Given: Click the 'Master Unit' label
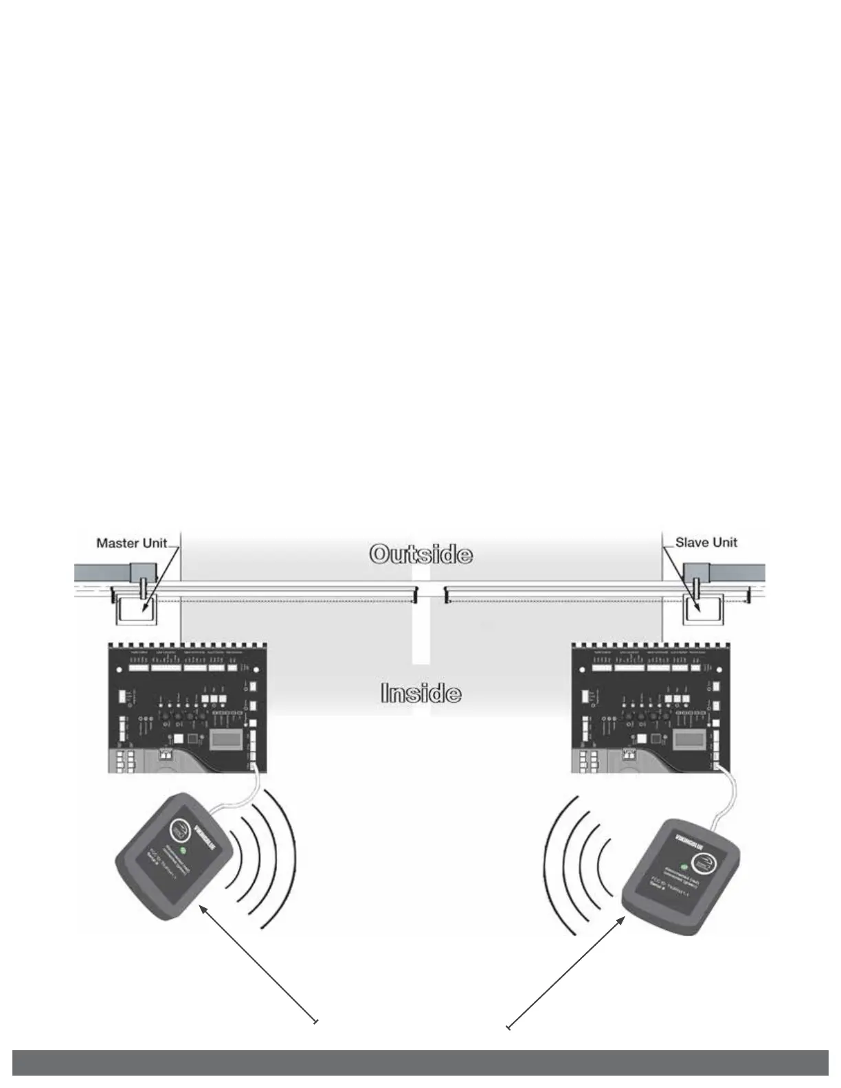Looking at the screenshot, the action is pyautogui.click(x=132, y=543).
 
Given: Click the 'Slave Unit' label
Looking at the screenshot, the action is pyautogui.click(x=706, y=542).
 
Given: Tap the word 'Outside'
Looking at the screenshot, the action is pyautogui.click(x=420, y=554).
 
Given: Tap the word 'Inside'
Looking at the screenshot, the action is pyautogui.click(x=420, y=693).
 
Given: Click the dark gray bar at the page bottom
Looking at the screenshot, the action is pyautogui.click(x=420, y=1062).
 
